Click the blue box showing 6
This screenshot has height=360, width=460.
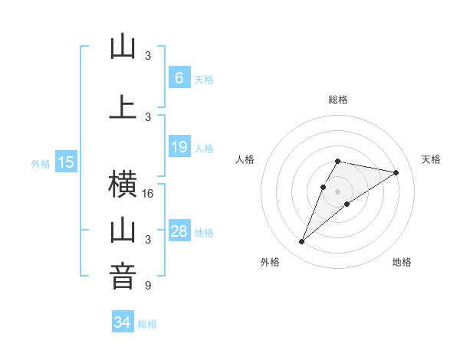pyautogui.click(x=179, y=77)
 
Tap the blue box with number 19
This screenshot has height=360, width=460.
pyautogui.click(x=179, y=147)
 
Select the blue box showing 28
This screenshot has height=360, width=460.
pyautogui.click(x=179, y=231)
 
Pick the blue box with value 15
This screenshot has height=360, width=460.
pyautogui.click(x=66, y=162)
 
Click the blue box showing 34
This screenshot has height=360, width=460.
pyautogui.click(x=122, y=322)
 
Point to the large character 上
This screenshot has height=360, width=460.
pyautogui.click(x=122, y=107)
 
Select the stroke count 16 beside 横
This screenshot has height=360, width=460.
pyautogui.click(x=148, y=194)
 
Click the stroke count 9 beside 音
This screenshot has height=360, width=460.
pyautogui.click(x=148, y=286)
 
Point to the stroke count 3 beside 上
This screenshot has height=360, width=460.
pyautogui.click(x=148, y=116)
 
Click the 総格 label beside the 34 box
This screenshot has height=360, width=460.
pyautogui.click(x=147, y=324)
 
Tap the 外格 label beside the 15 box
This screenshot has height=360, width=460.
pyautogui.click(x=41, y=163)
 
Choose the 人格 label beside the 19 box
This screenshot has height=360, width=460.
pyautogui.click(x=204, y=149)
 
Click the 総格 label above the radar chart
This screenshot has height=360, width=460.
pyautogui.click(x=337, y=100)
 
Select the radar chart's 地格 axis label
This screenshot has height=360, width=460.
pyautogui.click(x=402, y=262)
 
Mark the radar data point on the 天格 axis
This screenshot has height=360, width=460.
pyautogui.click(x=396, y=172)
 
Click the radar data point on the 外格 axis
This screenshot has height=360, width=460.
pyautogui.click(x=301, y=242)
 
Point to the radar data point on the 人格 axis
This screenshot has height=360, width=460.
pyautogui.click(x=323, y=187)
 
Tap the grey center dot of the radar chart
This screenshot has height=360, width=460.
pyautogui.click(x=337, y=191)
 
